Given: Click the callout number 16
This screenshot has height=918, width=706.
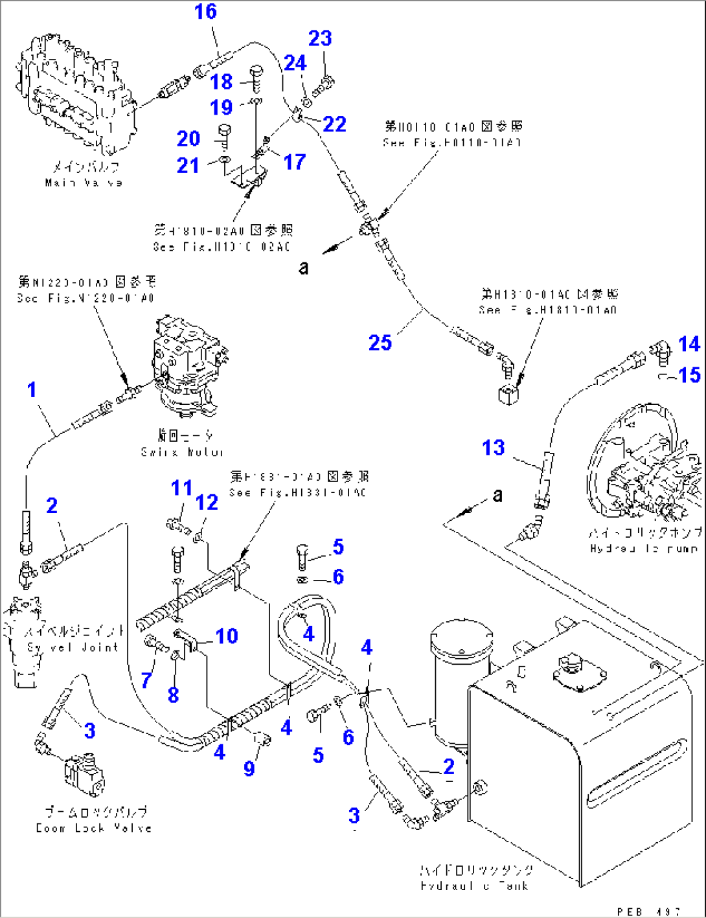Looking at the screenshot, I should click(206, 12).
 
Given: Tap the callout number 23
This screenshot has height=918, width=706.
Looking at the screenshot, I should click(320, 38).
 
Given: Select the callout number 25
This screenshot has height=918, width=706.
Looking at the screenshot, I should click(380, 342).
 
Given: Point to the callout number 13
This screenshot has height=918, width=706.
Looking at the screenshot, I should click(494, 448).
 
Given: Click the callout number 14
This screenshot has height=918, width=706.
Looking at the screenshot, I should click(689, 344).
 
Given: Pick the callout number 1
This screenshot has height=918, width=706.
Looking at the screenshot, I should click(32, 390).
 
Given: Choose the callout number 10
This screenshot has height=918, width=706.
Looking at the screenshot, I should click(227, 636).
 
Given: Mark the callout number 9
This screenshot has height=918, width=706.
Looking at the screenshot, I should click(249, 768).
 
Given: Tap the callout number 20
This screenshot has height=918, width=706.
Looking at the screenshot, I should click(188, 139).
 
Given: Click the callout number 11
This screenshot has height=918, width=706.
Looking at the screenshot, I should click(182, 487).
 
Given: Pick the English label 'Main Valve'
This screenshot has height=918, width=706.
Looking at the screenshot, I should click(84, 183).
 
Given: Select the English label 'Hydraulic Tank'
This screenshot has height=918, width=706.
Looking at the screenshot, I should click(474, 886).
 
